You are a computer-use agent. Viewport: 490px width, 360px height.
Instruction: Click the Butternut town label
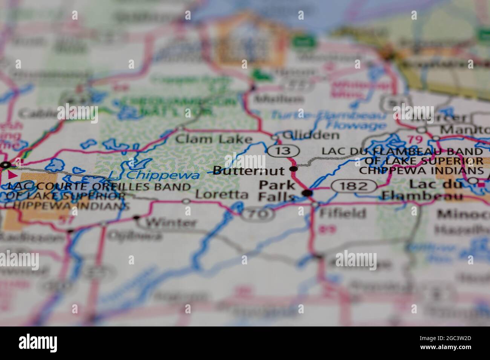pos(248,171)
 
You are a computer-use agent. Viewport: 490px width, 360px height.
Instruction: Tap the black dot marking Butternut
pos(293,169)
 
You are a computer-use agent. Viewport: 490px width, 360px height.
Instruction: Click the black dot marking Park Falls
pos(308,193)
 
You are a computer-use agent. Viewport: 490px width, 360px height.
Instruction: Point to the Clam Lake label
pos(214,139)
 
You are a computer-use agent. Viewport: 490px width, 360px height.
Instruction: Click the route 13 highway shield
pos(283,151)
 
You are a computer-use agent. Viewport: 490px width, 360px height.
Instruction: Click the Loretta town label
pos(222,194)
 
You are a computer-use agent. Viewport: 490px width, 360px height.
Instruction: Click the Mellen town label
pos(279,99)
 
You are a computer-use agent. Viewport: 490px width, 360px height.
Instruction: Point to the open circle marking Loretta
pos(186,201)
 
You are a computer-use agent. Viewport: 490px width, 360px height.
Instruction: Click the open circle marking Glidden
pos(276,137)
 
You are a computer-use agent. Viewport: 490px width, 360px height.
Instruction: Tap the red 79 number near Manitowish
pos(415,140)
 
